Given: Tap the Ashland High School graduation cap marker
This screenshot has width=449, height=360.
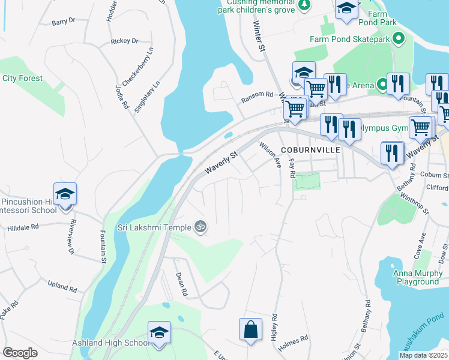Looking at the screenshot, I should tap(160, 333).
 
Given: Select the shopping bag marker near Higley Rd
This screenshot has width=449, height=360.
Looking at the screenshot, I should tap(250, 329).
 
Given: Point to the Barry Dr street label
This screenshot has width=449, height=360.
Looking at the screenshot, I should tap(63, 21).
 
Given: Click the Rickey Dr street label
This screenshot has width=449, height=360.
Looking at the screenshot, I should tap(124, 41).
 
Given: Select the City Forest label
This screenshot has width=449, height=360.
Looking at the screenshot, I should tap(22, 79).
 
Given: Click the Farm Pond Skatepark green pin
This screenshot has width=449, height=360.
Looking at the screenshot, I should tap(398, 39).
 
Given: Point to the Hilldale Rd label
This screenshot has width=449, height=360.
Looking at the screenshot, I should tap(23, 228).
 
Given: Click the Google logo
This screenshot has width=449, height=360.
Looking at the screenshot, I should tap(20, 353).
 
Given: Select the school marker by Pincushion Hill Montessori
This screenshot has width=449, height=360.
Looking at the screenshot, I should tap(65, 194).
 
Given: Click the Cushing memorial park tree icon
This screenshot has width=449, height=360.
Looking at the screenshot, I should tap(305, 5).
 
